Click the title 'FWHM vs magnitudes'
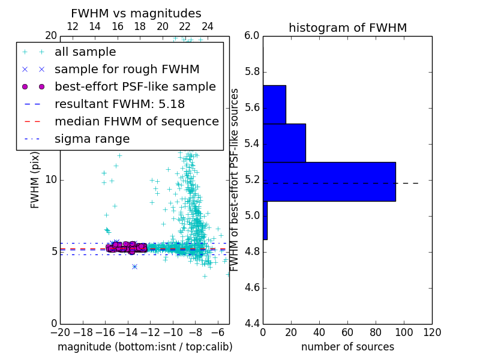coord(136,13)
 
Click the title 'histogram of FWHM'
coord(347,28)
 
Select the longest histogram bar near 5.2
coord(329,181)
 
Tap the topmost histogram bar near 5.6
coord(274,104)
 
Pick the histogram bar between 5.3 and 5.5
coord(284,143)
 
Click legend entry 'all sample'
coord(85,52)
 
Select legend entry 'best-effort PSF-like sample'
coord(135,86)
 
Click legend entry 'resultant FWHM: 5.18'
coord(119,104)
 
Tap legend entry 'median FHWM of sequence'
coord(136,121)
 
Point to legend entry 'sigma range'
coord(92,139)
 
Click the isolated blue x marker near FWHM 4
coord(134,266)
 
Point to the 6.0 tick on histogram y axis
coord(252,36)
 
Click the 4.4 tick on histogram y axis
coord(252,324)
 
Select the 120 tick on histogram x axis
coord(432,332)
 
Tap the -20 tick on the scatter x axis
coord(60,332)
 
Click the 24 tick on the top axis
coord(208,26)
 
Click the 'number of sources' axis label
coord(347,347)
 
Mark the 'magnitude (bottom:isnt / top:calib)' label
coord(145,347)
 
